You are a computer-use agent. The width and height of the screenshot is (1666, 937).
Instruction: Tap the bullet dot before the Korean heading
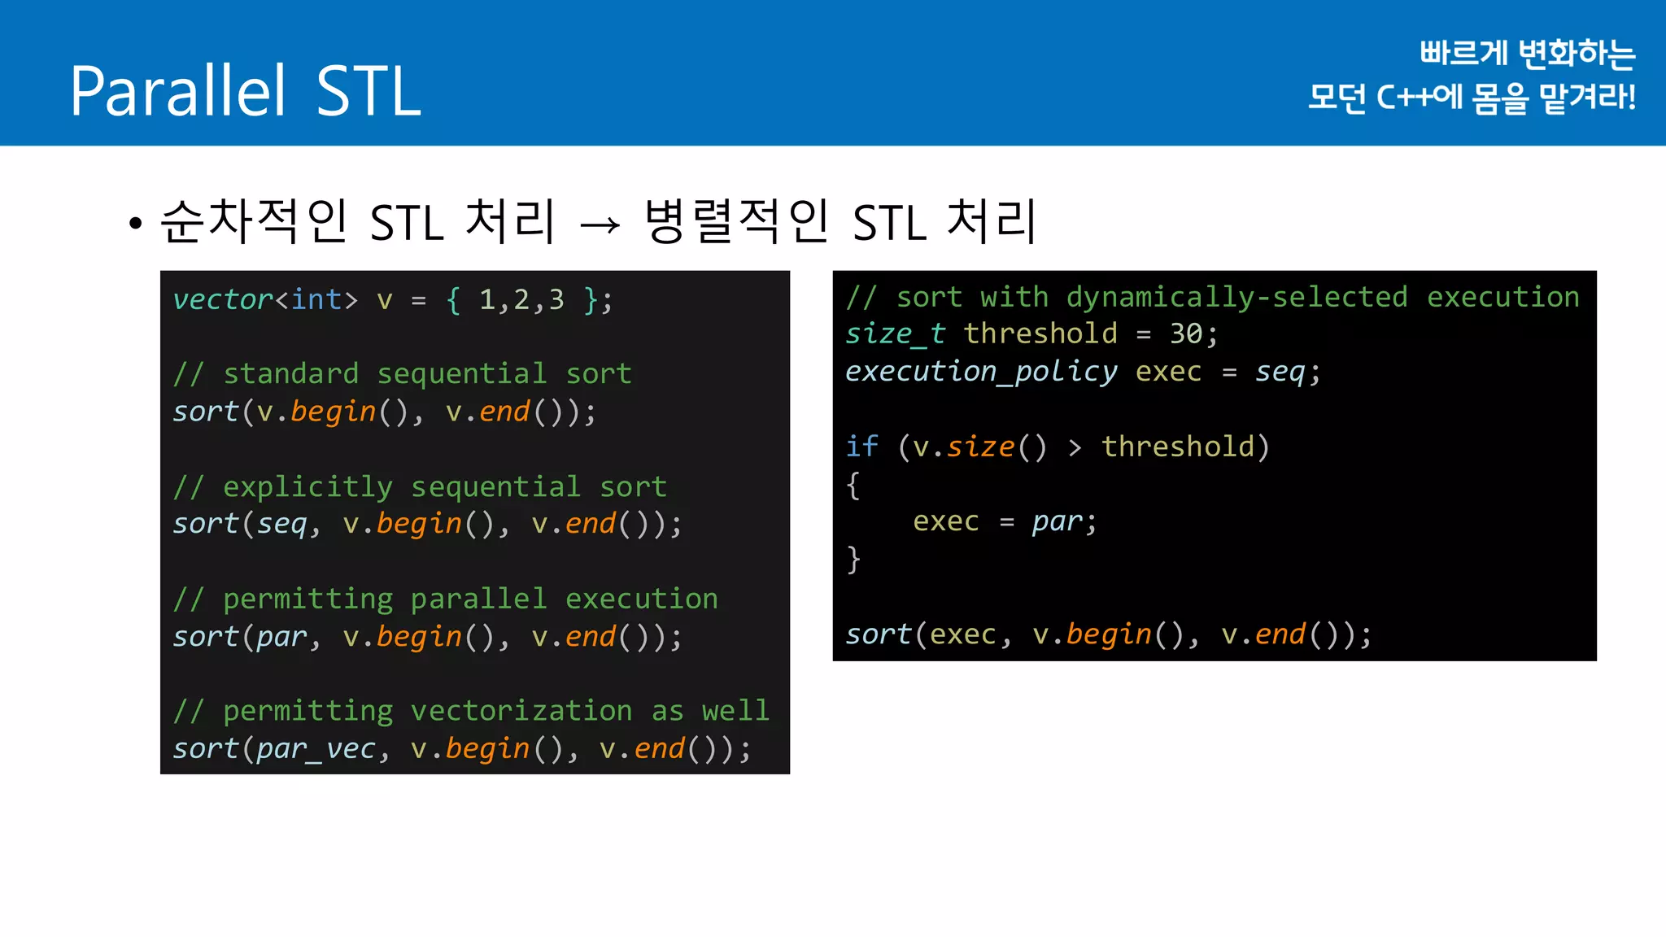point(135,223)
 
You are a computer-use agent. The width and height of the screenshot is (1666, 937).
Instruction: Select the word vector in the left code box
point(222,300)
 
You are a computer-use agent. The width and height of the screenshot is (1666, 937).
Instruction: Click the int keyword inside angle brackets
point(316,300)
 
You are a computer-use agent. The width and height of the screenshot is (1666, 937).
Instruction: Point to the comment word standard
point(290,374)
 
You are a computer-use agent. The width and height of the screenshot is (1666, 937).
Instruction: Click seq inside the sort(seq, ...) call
point(282,524)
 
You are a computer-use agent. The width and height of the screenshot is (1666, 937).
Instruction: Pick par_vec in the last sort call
point(316,749)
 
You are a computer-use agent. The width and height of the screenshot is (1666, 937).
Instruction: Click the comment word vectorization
point(521,711)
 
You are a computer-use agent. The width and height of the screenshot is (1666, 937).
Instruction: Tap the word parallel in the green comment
point(478,599)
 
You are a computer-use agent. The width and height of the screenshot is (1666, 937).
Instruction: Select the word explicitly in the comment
point(307,487)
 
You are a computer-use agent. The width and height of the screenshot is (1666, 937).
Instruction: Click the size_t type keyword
point(895,334)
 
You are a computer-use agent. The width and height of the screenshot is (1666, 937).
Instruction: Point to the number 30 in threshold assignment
point(1186,334)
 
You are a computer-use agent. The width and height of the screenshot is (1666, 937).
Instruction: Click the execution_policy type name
point(981,372)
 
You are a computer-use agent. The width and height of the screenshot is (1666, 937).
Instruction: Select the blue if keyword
point(861,447)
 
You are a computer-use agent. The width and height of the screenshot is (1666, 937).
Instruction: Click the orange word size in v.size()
point(980,447)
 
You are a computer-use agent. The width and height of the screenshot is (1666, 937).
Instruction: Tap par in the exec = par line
point(1057,521)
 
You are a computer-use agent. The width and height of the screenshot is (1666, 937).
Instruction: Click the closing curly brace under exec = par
point(853,560)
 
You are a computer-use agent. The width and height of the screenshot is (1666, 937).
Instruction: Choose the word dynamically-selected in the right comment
point(1236,297)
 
